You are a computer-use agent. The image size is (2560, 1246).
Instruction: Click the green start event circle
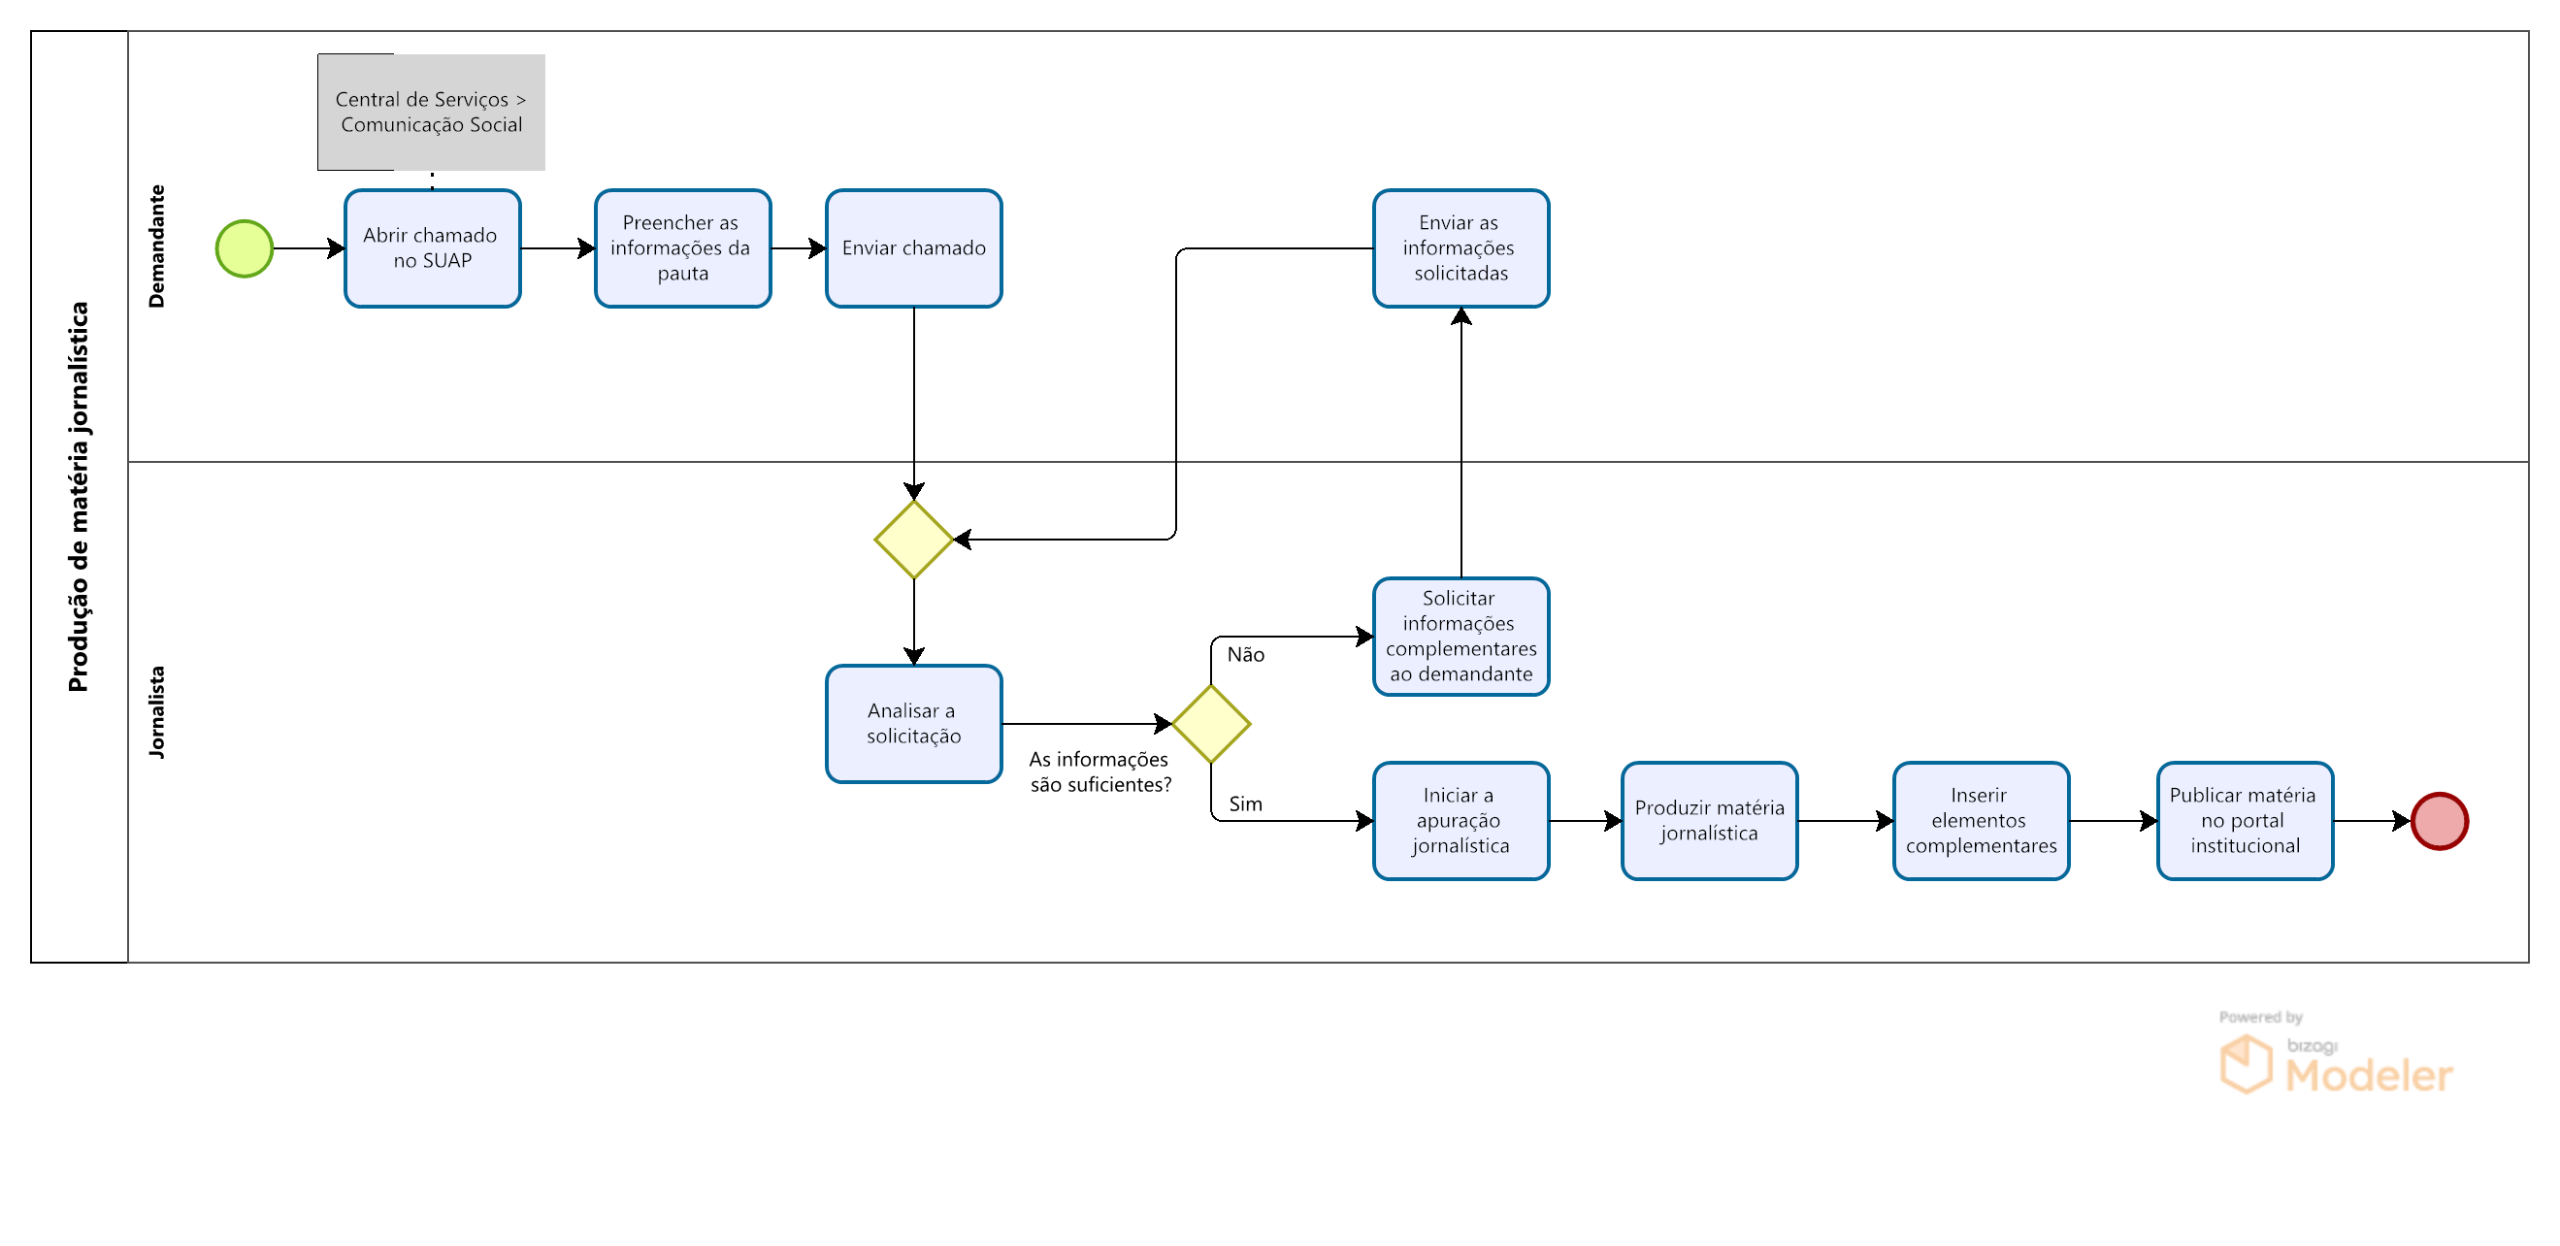pyautogui.click(x=245, y=248)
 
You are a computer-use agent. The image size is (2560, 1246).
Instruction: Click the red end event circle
pyautogui.click(x=2440, y=822)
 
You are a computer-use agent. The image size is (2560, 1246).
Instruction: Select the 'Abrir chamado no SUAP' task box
pyautogui.click(x=432, y=248)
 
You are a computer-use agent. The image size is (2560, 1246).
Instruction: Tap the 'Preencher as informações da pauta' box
pyautogui.click(x=683, y=248)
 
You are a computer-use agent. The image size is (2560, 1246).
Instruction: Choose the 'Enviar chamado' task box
pyautogui.click(x=914, y=248)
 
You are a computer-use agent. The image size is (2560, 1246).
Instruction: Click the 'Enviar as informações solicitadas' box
pyautogui.click(x=1461, y=248)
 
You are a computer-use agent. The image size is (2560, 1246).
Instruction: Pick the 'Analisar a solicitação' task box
pyautogui.click(x=914, y=724)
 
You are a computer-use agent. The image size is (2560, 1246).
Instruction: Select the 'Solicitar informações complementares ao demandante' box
pyautogui.click(x=1461, y=637)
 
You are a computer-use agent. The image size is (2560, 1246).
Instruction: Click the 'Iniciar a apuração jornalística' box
pyautogui.click(x=1461, y=822)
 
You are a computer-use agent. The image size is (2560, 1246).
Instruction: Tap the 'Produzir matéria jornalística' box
pyautogui.click(x=1709, y=822)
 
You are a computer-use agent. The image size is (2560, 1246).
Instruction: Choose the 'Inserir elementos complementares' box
pyautogui.click(x=1982, y=822)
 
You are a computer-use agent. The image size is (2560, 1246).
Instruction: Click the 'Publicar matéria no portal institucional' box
pyautogui.click(x=2245, y=822)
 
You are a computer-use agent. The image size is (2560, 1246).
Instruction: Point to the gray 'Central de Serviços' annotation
pyautogui.click(x=431, y=113)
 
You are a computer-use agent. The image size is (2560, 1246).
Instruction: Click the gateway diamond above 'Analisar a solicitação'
pyautogui.click(x=914, y=540)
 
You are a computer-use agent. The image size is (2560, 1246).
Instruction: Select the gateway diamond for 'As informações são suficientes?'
pyautogui.click(x=1211, y=724)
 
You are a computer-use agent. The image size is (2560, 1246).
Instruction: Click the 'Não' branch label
pyautogui.click(x=1245, y=655)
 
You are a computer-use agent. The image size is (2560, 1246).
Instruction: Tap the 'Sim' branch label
pyautogui.click(x=1245, y=803)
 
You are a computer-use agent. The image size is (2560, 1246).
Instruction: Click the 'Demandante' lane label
pyautogui.click(x=156, y=246)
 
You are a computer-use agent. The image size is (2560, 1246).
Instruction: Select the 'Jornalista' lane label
pyautogui.click(x=156, y=712)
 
